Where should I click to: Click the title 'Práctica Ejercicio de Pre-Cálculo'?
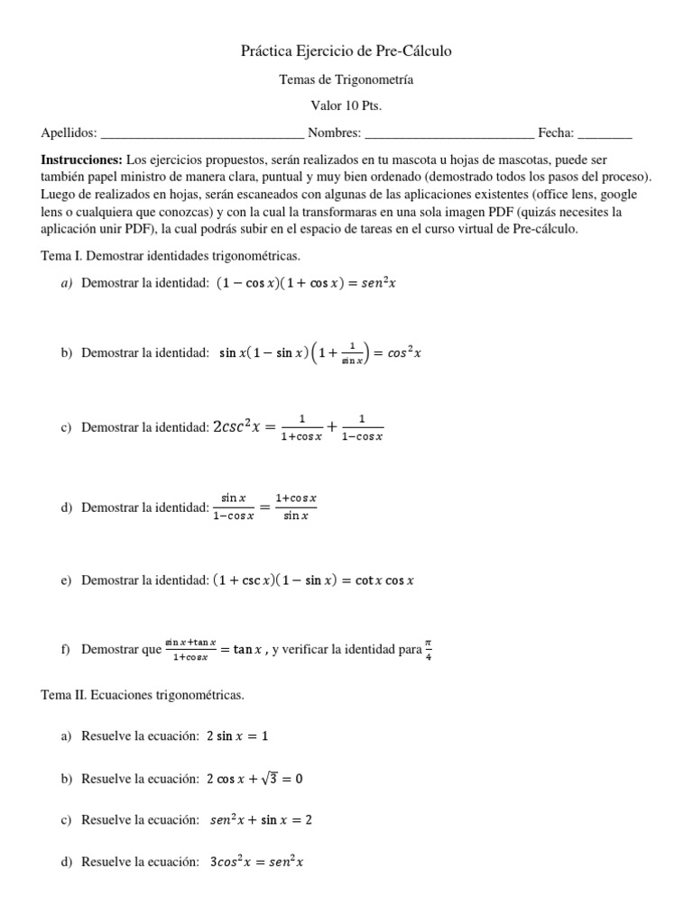click(346, 51)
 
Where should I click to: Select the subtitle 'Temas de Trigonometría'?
click(346, 80)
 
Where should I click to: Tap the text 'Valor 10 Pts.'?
click(346, 106)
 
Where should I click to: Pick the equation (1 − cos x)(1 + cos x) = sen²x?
click(307, 283)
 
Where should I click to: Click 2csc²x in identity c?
click(236, 427)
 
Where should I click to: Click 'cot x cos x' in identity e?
click(383, 581)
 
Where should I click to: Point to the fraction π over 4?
click(429, 649)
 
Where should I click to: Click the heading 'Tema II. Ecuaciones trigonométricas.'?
click(143, 696)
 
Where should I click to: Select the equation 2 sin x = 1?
click(237, 736)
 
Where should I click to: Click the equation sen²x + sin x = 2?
click(261, 820)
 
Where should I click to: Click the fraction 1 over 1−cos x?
click(361, 427)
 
